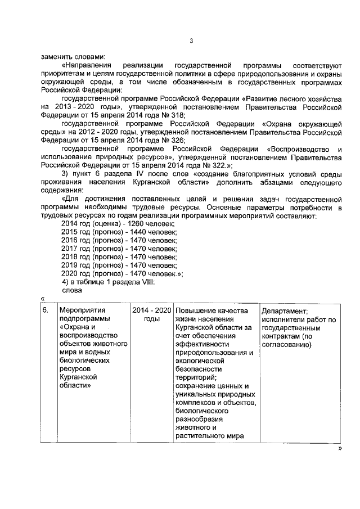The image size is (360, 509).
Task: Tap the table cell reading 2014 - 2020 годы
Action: coord(151,314)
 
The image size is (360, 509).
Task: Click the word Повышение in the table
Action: coord(195,310)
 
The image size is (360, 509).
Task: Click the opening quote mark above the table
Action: coord(43,299)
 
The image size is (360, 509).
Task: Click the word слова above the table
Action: coord(71,290)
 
